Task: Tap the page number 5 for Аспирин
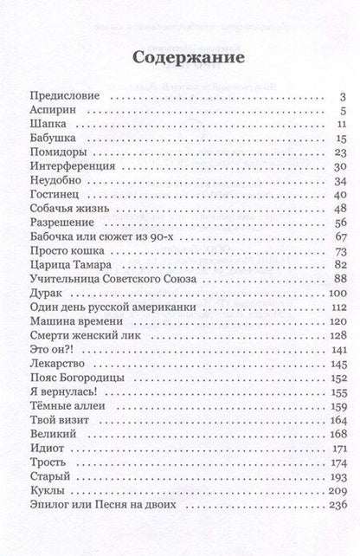(343, 111)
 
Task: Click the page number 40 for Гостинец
(339, 194)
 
